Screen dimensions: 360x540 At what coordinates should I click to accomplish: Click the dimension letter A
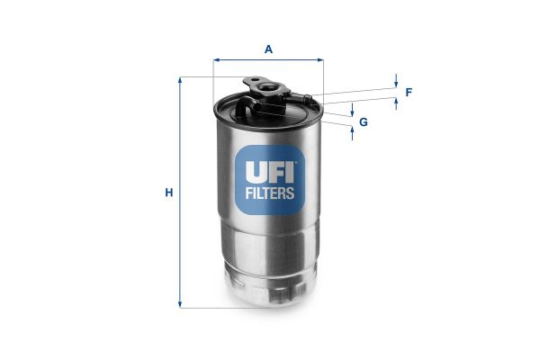268,49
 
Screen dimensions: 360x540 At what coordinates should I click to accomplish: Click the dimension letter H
167,193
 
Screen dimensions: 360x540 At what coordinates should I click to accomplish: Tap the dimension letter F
409,92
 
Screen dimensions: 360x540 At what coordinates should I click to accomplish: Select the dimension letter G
364,121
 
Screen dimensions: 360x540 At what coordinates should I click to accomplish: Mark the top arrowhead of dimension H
181,81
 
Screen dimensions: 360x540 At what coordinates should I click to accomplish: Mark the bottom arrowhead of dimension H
181,304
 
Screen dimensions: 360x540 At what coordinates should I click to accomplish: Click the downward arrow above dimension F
396,85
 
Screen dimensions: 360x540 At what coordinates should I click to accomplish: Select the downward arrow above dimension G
353,110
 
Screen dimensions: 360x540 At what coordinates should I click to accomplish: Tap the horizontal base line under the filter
225,308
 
